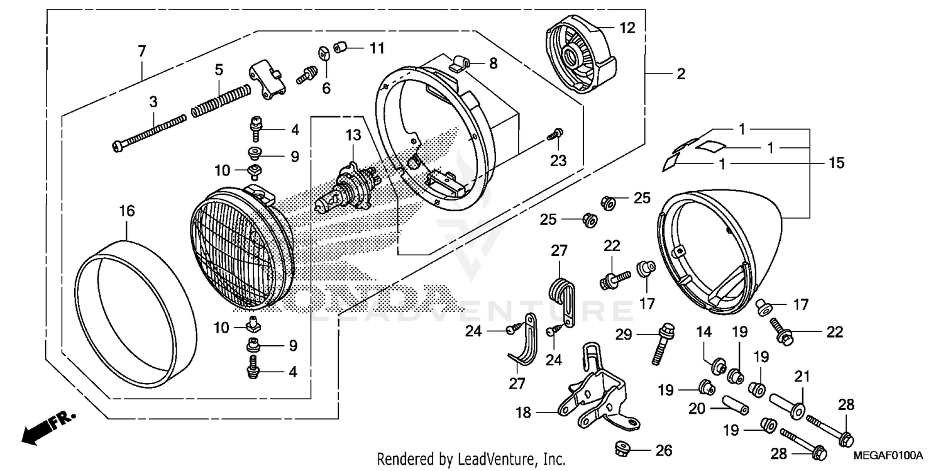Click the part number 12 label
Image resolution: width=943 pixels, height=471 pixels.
627,28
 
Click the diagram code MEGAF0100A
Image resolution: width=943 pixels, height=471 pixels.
888,455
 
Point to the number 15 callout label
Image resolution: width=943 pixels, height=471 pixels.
835,163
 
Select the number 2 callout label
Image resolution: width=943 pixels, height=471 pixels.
680,74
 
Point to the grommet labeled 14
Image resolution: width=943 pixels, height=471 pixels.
715,365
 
